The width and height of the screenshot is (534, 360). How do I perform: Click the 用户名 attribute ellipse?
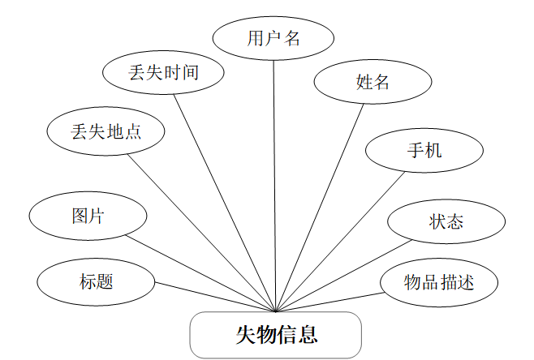[273, 39]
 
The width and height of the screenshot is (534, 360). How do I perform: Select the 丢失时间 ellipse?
[163, 72]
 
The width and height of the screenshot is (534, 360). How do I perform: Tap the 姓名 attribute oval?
[373, 82]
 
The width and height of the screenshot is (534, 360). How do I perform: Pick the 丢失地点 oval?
[106, 131]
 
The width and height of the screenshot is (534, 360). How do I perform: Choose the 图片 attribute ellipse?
[88, 216]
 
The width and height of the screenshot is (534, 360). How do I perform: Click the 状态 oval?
[446, 221]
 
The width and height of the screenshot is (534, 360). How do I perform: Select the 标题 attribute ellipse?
[96, 281]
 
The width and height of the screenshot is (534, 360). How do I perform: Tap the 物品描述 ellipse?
[439, 282]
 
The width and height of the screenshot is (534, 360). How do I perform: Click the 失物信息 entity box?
[275, 334]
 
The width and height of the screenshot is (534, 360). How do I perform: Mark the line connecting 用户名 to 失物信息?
[274, 186]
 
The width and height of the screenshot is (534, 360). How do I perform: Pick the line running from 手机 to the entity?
[341, 241]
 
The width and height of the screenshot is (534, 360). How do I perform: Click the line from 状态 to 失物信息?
[345, 276]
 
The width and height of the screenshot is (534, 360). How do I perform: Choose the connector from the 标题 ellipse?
[215, 297]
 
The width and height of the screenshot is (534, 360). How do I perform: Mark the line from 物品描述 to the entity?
[329, 301]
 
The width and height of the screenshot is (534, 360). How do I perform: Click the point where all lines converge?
[276, 311]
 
